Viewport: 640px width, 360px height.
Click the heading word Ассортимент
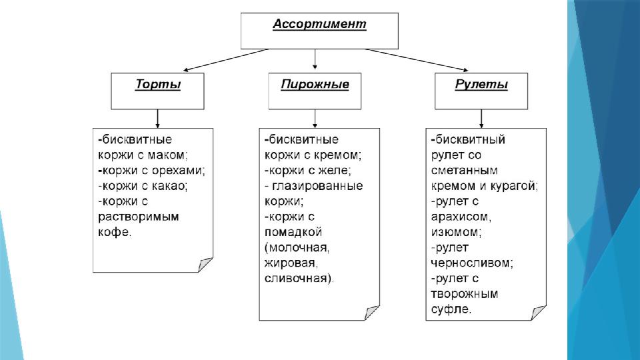[x=319, y=25]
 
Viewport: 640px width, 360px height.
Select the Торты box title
[x=158, y=85]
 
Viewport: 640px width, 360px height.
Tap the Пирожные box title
[x=315, y=85]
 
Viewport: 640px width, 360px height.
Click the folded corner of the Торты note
[x=206, y=265]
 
